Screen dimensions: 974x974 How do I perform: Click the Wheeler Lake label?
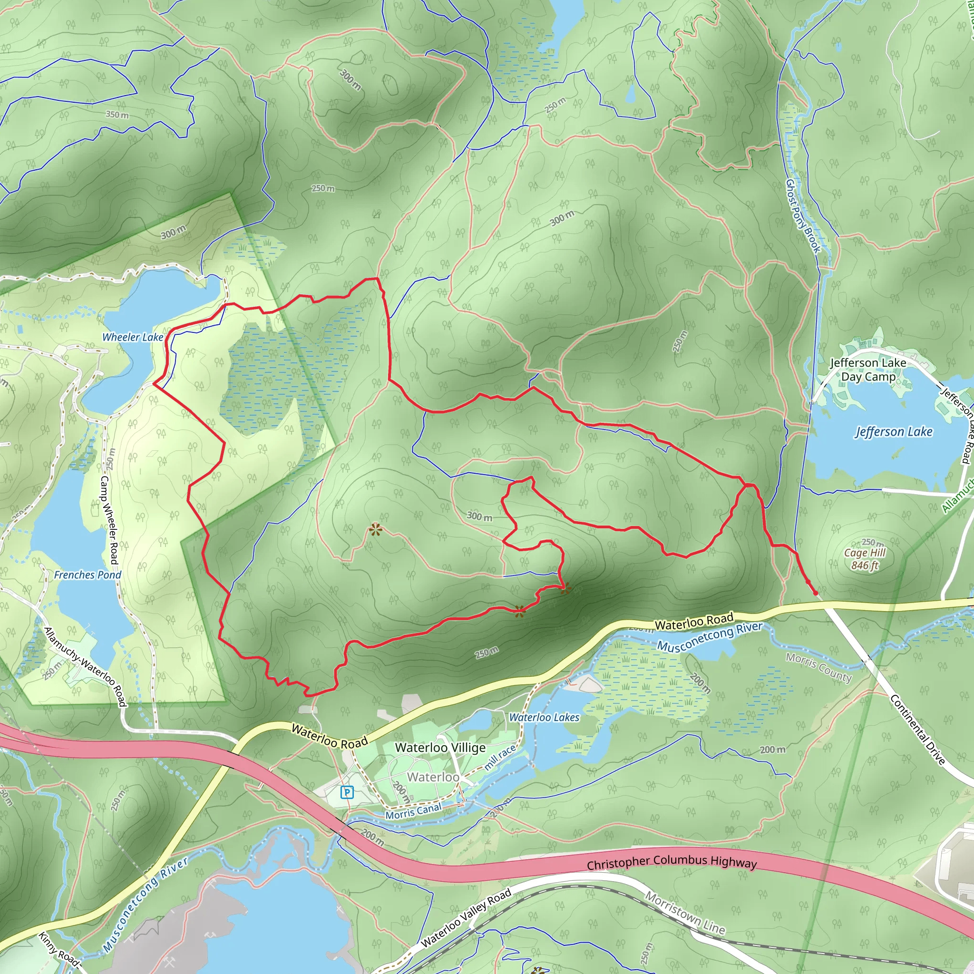[133, 337]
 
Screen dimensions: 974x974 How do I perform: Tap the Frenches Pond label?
[88, 575]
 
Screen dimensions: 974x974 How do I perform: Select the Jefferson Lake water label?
[894, 431]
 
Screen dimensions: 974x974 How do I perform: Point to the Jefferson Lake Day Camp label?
[868, 370]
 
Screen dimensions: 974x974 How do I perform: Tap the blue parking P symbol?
[347, 792]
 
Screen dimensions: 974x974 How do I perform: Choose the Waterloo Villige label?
[440, 748]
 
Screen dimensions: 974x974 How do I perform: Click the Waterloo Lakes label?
[544, 717]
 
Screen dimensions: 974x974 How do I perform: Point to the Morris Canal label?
[413, 811]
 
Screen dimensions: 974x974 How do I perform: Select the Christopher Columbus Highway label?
[672, 862]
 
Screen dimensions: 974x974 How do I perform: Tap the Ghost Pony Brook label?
[803, 216]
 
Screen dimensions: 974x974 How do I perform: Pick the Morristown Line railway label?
[685, 913]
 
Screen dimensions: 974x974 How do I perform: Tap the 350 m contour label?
[117, 115]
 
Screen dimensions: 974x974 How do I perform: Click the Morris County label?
[819, 667]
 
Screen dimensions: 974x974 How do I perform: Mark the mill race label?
[500, 757]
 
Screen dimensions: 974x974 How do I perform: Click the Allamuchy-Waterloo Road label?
[85, 667]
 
